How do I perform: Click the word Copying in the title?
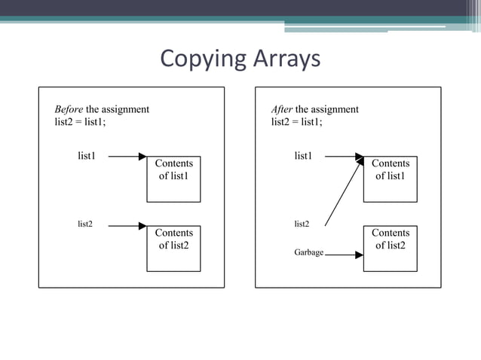198,59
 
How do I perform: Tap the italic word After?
282,109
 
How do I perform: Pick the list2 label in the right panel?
302,224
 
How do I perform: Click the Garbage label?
308,252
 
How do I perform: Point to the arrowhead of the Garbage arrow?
359,255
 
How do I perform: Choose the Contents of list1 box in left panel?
173,178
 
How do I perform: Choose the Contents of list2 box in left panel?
173,248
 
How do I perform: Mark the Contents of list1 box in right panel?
390,178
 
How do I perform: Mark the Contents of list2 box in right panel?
390,248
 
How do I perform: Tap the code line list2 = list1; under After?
296,123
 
